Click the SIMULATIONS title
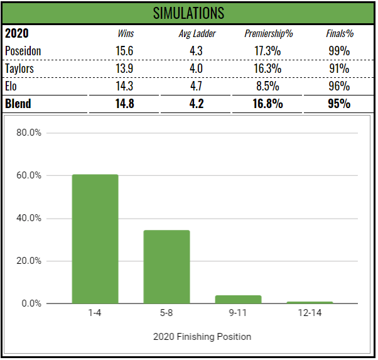189,13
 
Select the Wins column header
126,33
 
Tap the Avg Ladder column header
197,33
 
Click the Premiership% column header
268,33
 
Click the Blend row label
18,104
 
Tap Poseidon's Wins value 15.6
126,50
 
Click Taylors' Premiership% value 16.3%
268,68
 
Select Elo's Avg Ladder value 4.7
197,86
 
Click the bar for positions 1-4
95,239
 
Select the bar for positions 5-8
166,267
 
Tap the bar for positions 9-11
238,300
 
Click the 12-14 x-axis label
310,312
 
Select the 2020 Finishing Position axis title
202,337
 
